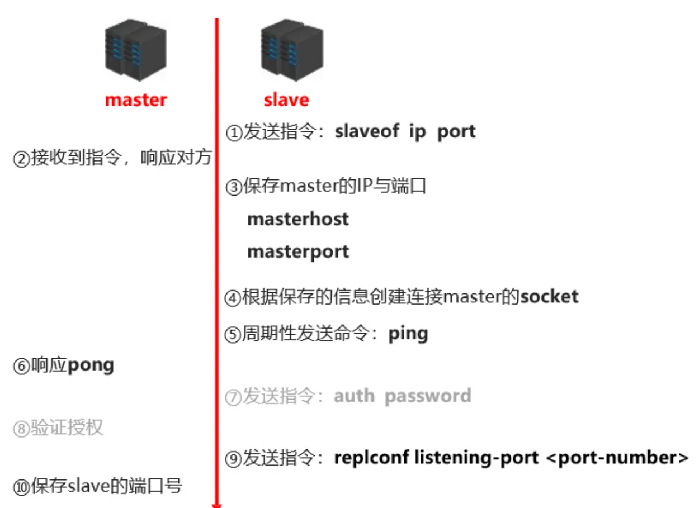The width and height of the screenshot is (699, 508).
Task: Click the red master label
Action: point(136,100)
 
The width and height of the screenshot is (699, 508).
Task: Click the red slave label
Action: point(286,100)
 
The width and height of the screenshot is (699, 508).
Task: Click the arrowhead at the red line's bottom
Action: point(217,505)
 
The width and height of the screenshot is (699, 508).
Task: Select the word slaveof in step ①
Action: point(367,131)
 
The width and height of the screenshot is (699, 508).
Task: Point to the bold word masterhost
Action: point(298,219)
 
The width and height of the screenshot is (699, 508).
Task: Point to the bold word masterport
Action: point(298,251)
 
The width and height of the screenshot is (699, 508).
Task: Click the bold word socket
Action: point(549,296)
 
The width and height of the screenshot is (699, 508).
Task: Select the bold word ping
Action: point(408,334)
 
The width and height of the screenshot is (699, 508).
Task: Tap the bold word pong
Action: point(91,366)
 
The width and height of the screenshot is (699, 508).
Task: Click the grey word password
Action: point(428,396)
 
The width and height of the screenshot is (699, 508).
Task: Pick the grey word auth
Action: point(354,396)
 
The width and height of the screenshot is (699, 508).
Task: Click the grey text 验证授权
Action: point(67,429)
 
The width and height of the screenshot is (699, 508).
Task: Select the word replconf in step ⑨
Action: point(370,458)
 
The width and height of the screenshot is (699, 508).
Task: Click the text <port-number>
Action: point(616,458)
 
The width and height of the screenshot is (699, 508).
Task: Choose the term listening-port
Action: point(476,458)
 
